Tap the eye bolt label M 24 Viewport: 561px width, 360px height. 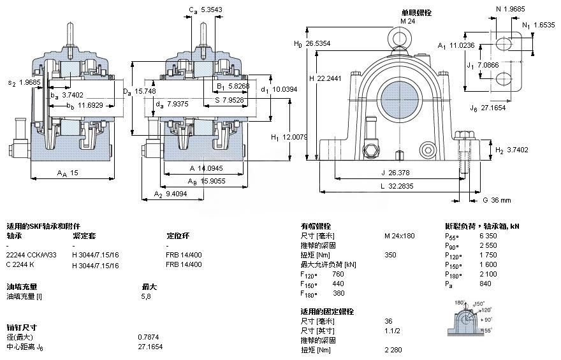click(x=407, y=21)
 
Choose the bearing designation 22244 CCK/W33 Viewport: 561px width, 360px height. click(x=31, y=255)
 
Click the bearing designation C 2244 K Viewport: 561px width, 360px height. click(x=22, y=264)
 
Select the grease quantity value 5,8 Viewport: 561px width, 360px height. click(x=146, y=296)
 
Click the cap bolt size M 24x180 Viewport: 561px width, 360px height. click(x=398, y=236)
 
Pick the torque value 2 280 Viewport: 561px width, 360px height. click(x=393, y=350)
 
